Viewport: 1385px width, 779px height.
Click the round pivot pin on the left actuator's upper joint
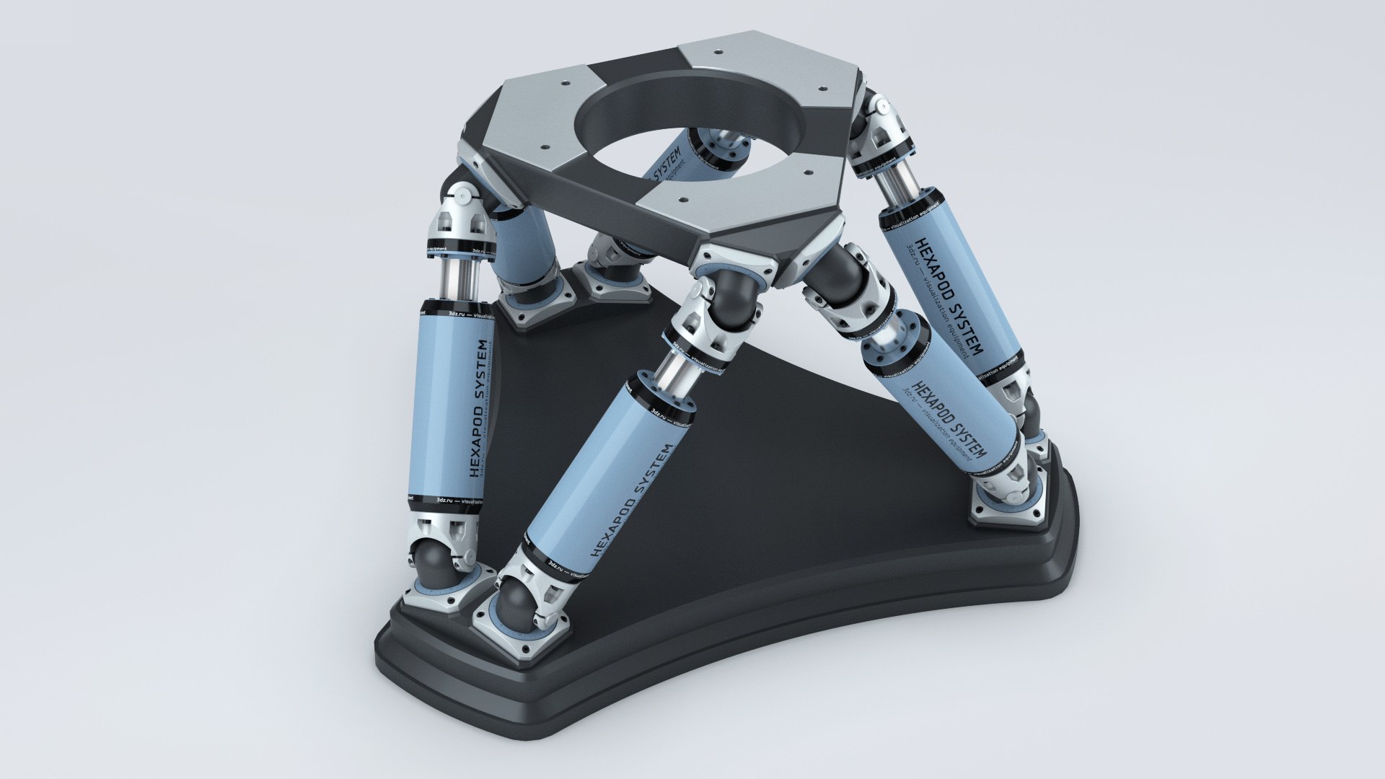point(462,193)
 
